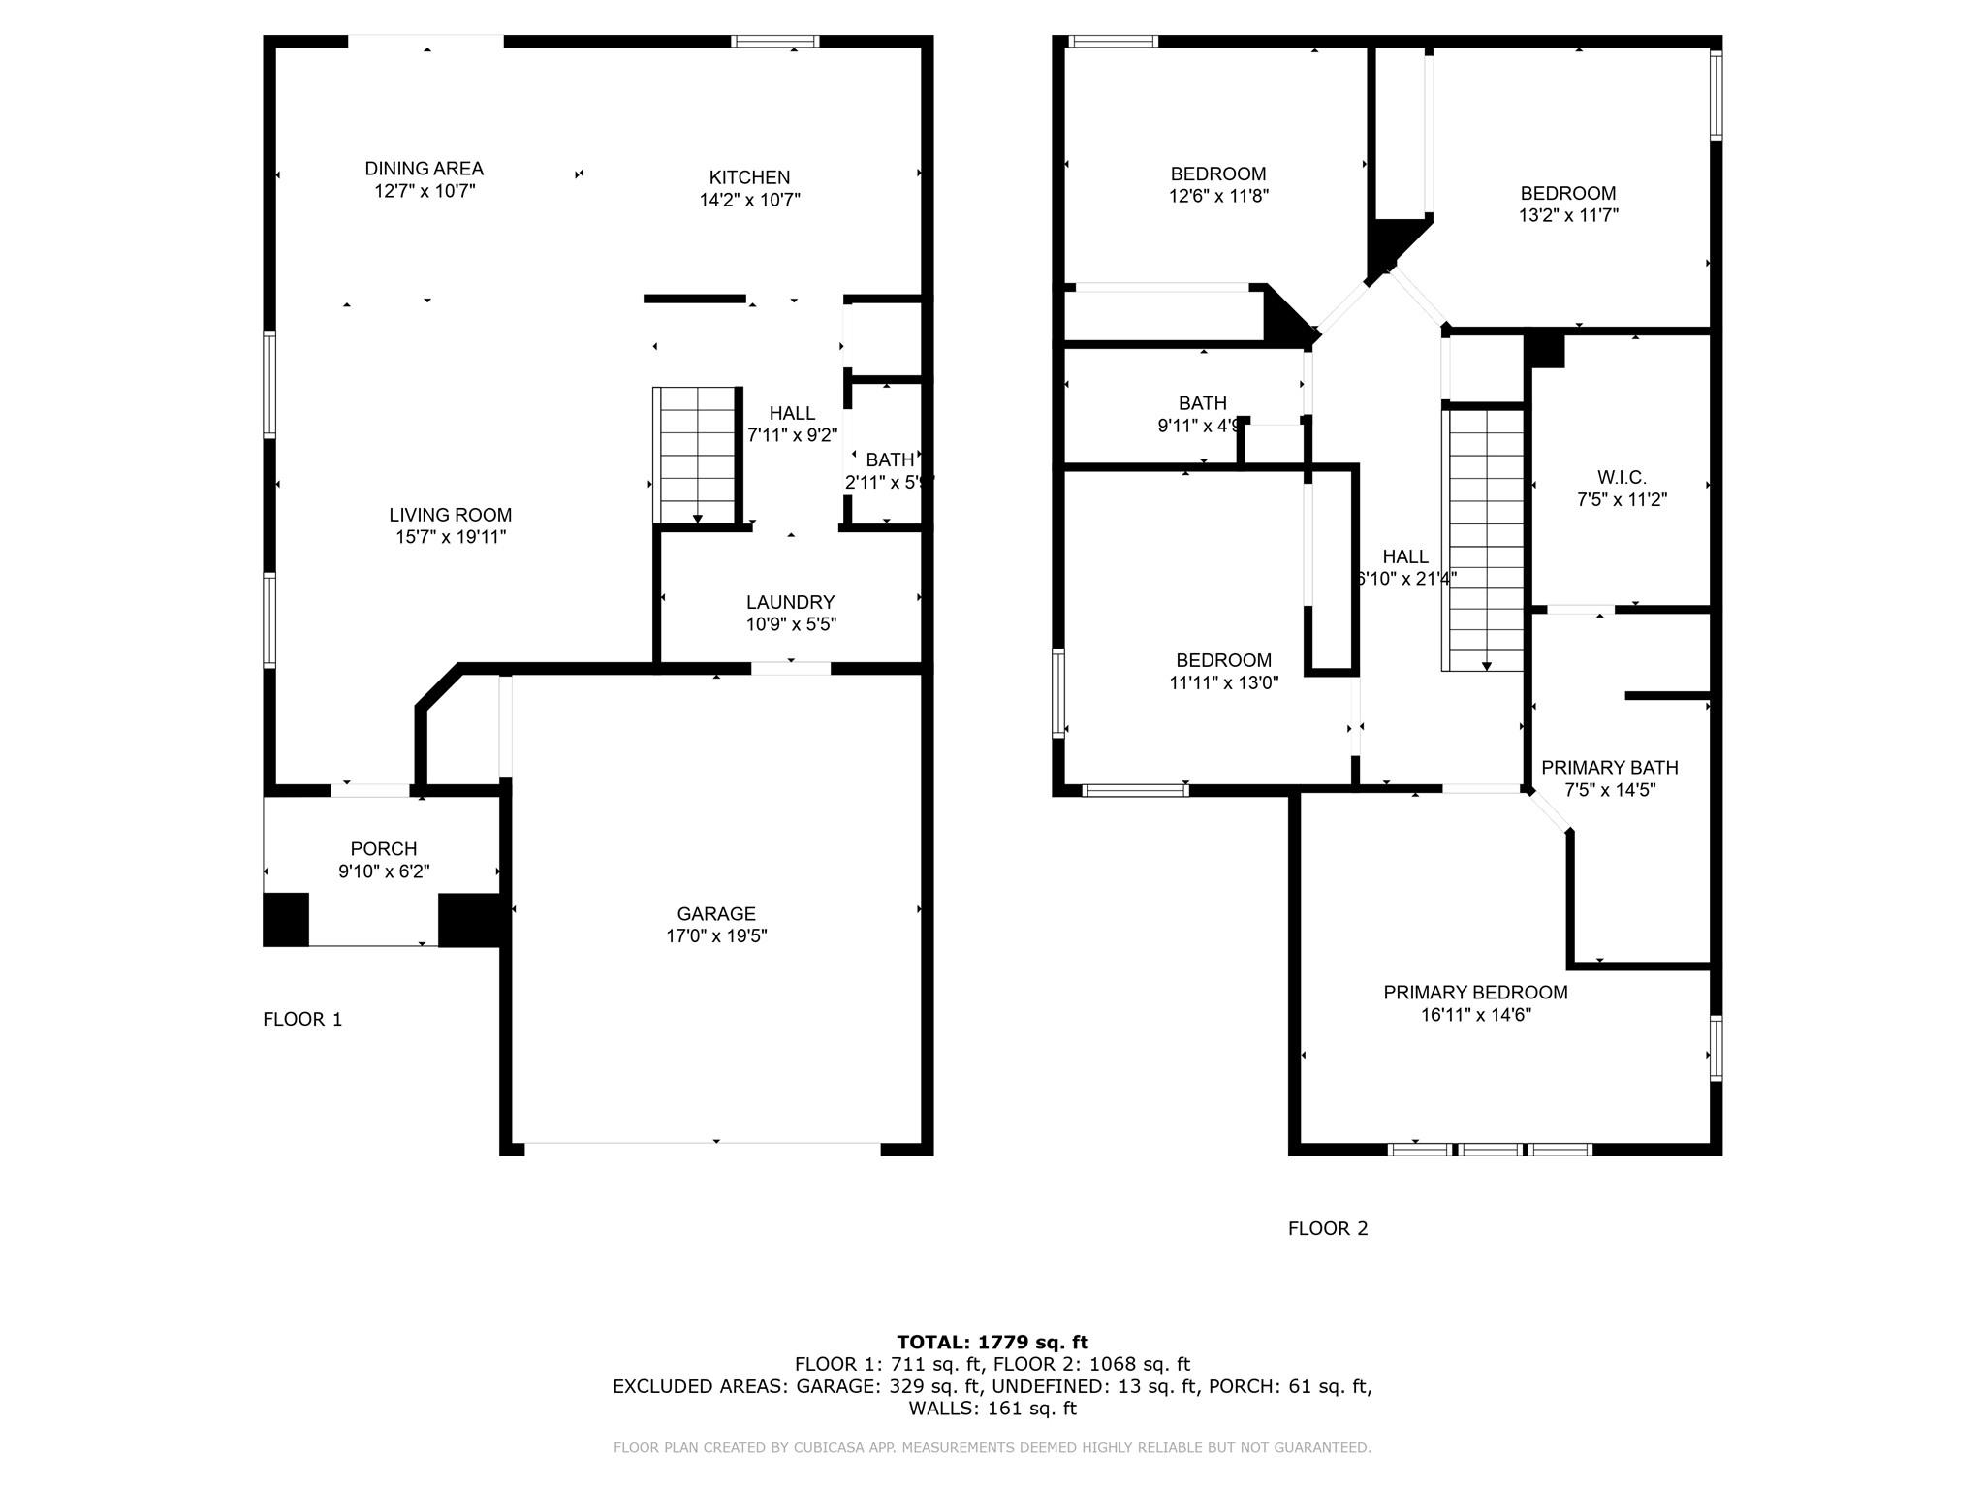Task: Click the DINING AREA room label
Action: pyautogui.click(x=424, y=169)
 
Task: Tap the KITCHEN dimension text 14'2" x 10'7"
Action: pyautogui.click(x=749, y=200)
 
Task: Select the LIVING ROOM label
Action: pyautogui.click(x=450, y=515)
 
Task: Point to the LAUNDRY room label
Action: pyautogui.click(x=790, y=602)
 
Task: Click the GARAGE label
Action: pyautogui.click(x=715, y=913)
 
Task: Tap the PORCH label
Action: pyautogui.click(x=384, y=849)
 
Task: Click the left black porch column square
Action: pyautogui.click(x=286, y=919)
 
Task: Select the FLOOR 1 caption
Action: pyautogui.click(x=302, y=1019)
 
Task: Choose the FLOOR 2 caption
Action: pyautogui.click(x=1327, y=1228)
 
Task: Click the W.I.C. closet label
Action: pyautogui.click(x=1622, y=478)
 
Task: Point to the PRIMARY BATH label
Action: pyautogui.click(x=1609, y=768)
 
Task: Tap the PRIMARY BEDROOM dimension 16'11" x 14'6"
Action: pyautogui.click(x=1475, y=1015)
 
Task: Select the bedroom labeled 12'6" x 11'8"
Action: pyautogui.click(x=1218, y=184)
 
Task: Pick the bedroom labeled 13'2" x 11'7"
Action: pyautogui.click(x=1567, y=204)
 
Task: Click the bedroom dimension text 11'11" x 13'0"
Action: pyautogui.click(x=1223, y=682)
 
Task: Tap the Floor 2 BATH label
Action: pyautogui.click(x=1202, y=403)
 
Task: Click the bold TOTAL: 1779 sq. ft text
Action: pyautogui.click(x=992, y=1342)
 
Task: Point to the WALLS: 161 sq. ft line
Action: pyautogui.click(x=992, y=1409)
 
